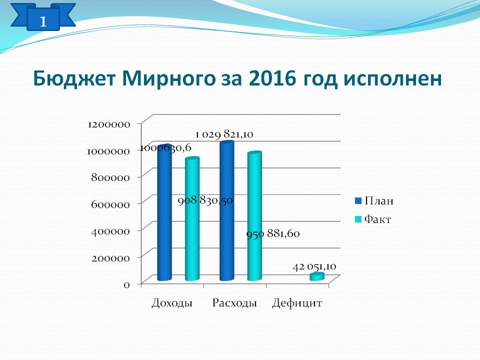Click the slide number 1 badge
(43, 18)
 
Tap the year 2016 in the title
(272, 78)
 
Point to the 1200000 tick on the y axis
(109, 124)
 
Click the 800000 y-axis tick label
(110, 177)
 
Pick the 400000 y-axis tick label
(110, 231)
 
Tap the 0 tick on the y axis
(126, 284)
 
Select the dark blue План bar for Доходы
(164, 213)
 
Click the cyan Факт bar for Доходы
(192, 219)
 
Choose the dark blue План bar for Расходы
(227, 210)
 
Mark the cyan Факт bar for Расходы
(254, 216)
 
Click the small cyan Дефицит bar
(317, 276)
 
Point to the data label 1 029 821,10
(224, 134)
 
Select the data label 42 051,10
(314, 266)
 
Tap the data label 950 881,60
(273, 233)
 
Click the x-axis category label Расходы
(234, 303)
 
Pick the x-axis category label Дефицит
(297, 303)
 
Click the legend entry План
(374, 201)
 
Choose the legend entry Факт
(373, 219)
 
